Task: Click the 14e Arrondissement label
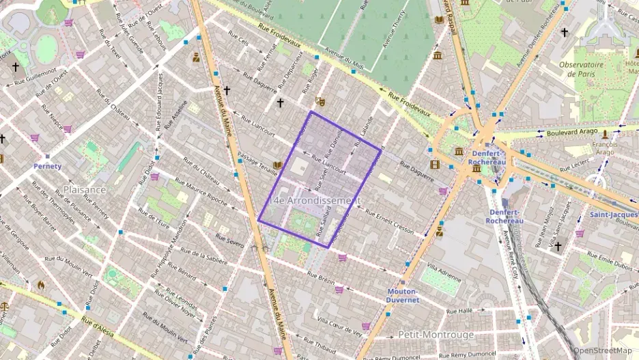[315, 201]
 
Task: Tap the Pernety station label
[48, 166]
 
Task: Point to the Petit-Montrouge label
[434, 335]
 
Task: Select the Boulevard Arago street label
[572, 131]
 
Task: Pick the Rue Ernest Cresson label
[389, 222]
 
